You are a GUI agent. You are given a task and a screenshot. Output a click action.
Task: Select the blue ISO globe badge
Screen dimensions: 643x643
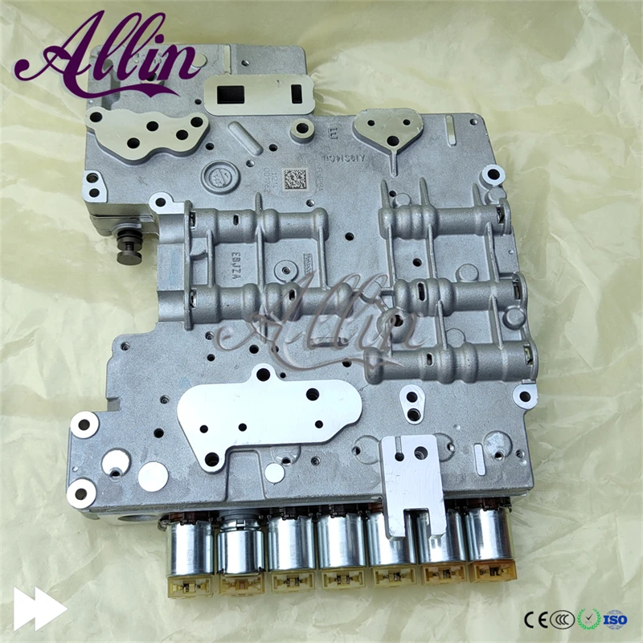(x=615, y=619)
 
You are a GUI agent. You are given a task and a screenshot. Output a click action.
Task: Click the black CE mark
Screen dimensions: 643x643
(x=535, y=620)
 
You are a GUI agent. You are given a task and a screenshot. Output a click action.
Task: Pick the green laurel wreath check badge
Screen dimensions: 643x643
(x=588, y=619)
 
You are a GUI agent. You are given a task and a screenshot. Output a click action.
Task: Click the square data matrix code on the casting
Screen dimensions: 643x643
(x=297, y=178)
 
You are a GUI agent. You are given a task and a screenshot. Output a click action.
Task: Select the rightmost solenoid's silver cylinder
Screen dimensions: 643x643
(x=489, y=534)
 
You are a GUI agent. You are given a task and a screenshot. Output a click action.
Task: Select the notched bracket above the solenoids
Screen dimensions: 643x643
(x=413, y=483)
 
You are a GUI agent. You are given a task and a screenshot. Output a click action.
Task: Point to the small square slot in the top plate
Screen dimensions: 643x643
(x=296, y=93)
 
